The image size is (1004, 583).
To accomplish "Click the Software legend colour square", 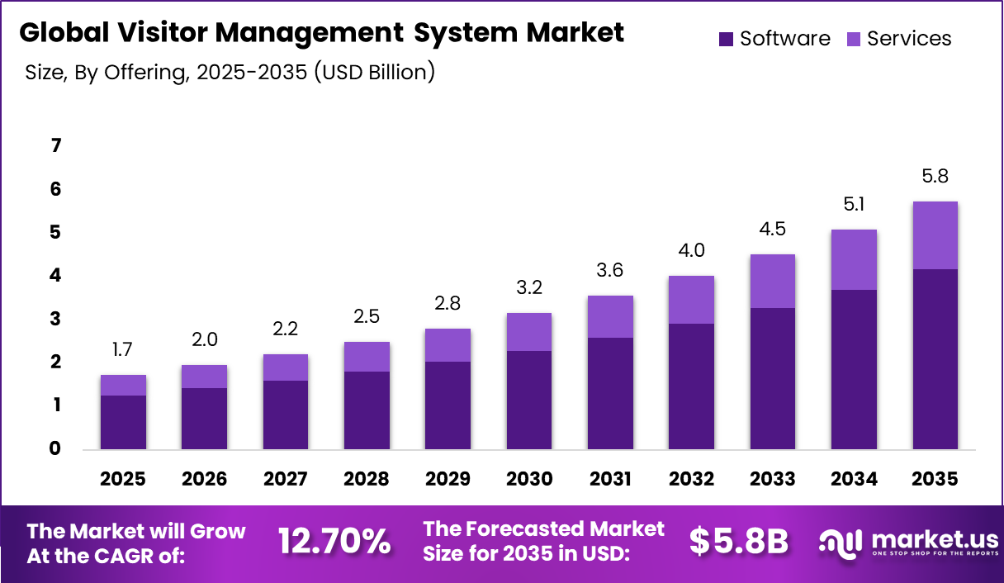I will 727,39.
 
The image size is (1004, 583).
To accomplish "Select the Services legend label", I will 909,39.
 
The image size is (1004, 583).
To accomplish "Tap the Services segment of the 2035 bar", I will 935,235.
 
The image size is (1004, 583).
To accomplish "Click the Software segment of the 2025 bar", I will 123,422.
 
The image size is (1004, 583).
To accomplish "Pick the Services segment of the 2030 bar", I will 528,332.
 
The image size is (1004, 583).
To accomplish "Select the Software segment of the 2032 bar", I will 691,386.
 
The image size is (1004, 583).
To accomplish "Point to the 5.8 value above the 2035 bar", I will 935,176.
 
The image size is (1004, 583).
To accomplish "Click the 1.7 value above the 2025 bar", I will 123,350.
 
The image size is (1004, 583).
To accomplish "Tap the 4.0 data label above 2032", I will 691,250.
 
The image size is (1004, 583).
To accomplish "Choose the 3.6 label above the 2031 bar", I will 610,270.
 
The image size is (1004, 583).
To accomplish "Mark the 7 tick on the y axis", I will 56,146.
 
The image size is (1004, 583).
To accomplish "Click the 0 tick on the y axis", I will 56,448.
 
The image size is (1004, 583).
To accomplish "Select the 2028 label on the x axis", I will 367,479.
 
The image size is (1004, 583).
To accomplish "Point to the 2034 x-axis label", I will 854,479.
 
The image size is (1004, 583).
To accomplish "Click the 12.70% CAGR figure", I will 334,541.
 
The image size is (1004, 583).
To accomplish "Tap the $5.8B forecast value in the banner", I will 739,541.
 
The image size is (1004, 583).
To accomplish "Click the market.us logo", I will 908,541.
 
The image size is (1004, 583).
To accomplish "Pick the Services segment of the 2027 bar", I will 285,367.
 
